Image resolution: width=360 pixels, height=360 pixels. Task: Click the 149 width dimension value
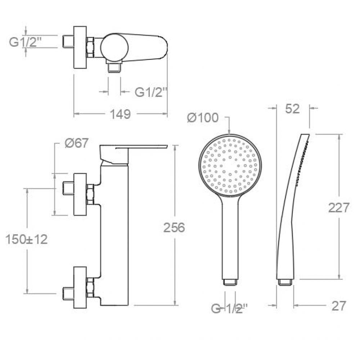point(120,114)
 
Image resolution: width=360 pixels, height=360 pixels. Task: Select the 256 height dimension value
point(174,228)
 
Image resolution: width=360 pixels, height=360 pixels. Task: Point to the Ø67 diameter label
point(76,143)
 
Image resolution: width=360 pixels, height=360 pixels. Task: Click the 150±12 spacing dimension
point(27,239)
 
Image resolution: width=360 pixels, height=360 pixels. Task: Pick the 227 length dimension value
point(339,208)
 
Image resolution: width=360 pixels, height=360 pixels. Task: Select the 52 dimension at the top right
point(292,109)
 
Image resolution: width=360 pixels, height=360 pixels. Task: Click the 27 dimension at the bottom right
point(339,306)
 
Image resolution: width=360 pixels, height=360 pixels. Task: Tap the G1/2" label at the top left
point(25,42)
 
